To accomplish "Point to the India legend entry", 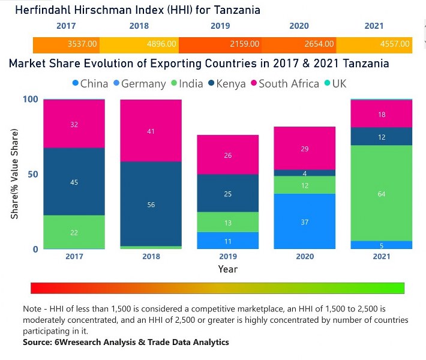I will (x=187, y=83).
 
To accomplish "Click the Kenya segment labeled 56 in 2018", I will (x=151, y=204).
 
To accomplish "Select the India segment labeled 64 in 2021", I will (x=382, y=193).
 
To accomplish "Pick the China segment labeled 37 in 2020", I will (x=305, y=221).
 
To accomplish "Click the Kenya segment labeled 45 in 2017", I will (x=74, y=181).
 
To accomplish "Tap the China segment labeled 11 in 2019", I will (x=228, y=241).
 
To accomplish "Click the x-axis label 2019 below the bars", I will (x=228, y=257).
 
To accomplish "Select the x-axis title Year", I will (x=227, y=269).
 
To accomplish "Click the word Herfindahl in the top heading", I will (x=46, y=10).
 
